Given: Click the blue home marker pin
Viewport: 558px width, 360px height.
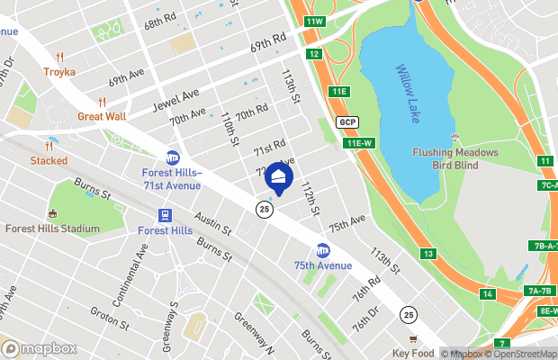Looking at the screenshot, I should pos(279,177).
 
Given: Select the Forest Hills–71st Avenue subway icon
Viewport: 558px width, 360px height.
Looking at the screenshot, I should pos(172,158).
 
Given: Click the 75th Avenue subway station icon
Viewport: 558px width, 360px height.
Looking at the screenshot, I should pos(322,250).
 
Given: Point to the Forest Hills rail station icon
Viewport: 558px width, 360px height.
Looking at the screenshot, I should pos(166,216).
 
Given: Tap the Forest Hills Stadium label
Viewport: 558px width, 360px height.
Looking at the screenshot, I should pos(52,229).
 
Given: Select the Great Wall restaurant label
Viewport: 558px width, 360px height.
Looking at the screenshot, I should pos(101,115).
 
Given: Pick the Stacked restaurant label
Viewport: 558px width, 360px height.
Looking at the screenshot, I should pos(49,160).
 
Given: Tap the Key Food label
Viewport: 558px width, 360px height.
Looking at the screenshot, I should pos(413,354).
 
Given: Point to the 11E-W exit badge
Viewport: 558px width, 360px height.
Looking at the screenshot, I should pos(359,143).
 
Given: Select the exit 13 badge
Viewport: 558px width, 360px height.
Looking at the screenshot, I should pos(428,255).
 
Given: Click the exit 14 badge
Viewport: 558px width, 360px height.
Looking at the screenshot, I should pos(487,294).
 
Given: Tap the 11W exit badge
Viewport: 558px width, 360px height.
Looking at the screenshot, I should pos(314,21).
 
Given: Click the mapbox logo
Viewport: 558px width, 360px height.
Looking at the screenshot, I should pos(40,347).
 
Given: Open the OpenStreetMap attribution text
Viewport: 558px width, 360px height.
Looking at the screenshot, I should pos(517,354).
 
